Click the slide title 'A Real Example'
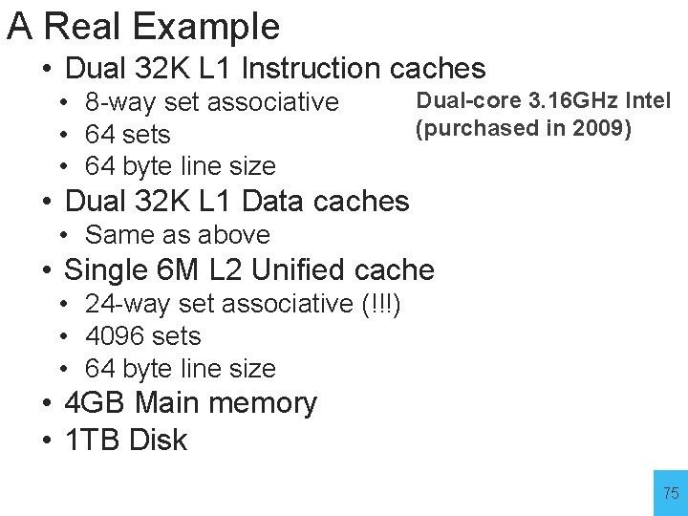click(x=143, y=27)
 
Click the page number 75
click(x=671, y=493)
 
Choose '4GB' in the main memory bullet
click(x=95, y=403)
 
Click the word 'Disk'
click(x=158, y=441)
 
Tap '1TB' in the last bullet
click(x=92, y=441)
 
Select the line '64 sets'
click(x=128, y=134)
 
